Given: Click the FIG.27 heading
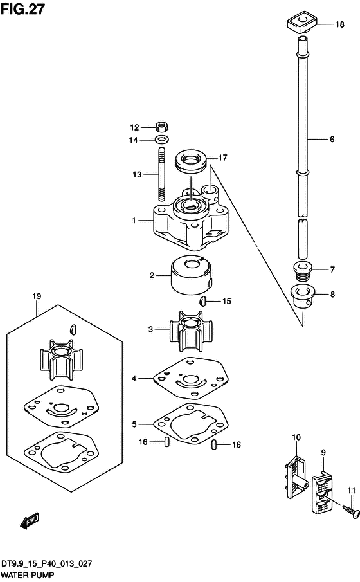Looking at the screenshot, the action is (22, 8).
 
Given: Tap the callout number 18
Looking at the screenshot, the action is (339, 24).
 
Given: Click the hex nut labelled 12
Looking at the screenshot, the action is (161, 127).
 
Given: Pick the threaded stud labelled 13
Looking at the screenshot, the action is (162, 174).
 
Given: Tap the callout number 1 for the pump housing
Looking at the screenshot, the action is (134, 221).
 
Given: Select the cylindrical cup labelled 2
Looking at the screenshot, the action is (192, 275).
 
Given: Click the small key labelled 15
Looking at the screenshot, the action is (203, 300).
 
